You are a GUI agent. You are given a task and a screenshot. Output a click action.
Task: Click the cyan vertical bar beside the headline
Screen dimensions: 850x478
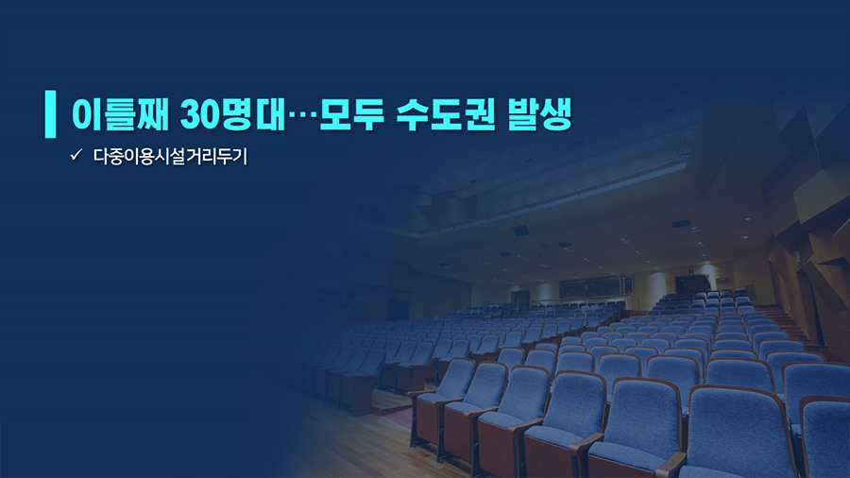click(50, 113)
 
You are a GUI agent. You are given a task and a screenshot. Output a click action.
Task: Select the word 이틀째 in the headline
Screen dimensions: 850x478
click(120, 113)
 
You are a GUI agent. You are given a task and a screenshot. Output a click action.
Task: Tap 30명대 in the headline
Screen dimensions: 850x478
click(232, 113)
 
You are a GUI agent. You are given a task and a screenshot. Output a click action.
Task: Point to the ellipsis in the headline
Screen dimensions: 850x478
click(302, 116)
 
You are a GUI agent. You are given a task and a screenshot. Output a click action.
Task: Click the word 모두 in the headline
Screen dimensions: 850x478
click(351, 113)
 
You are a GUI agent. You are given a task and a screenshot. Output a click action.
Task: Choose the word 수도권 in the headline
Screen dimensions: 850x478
click(446, 113)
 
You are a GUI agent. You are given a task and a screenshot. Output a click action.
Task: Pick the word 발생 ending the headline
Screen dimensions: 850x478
click(540, 113)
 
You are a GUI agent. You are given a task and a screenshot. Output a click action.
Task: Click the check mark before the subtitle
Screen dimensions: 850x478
click(76, 155)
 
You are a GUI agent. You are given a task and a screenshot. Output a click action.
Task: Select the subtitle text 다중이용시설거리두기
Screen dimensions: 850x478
click(170, 156)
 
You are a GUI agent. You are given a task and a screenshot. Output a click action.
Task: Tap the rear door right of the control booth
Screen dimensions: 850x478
click(691, 285)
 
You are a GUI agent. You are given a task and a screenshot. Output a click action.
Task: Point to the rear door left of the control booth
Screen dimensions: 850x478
click(520, 296)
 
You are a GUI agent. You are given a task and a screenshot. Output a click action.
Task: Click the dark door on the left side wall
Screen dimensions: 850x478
click(398, 310)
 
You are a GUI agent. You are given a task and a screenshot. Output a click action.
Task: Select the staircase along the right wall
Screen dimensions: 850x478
click(785, 321)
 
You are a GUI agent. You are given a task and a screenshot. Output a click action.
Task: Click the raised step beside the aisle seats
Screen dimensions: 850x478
click(390, 402)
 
